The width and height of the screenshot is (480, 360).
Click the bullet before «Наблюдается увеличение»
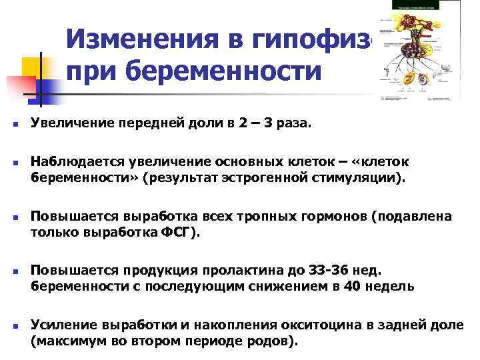pyautogui.click(x=13, y=164)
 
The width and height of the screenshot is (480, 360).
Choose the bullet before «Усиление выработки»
pyautogui.click(x=13, y=326)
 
